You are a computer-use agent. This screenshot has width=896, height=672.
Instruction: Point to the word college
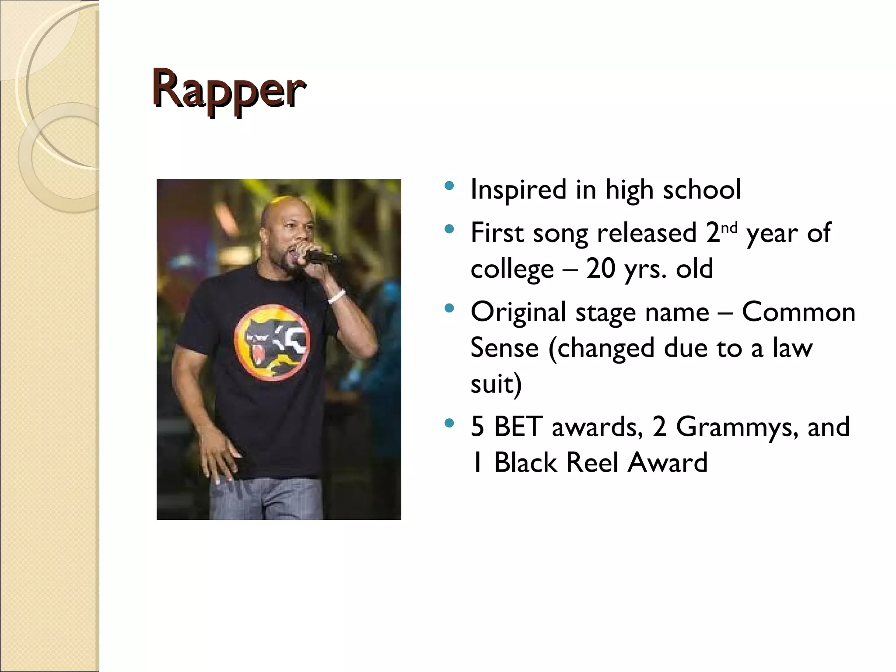(512, 269)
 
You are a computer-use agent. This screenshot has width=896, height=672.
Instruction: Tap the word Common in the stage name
(798, 312)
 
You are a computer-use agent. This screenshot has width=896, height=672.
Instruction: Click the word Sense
(504, 348)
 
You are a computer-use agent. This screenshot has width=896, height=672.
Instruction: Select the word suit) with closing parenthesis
(496, 384)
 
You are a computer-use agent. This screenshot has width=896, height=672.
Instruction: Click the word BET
(518, 427)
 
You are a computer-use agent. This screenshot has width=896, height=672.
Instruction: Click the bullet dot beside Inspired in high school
(448, 186)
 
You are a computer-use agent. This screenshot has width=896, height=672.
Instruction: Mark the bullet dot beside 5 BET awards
(448, 423)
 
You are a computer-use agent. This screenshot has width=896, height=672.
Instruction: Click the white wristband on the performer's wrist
(336, 297)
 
